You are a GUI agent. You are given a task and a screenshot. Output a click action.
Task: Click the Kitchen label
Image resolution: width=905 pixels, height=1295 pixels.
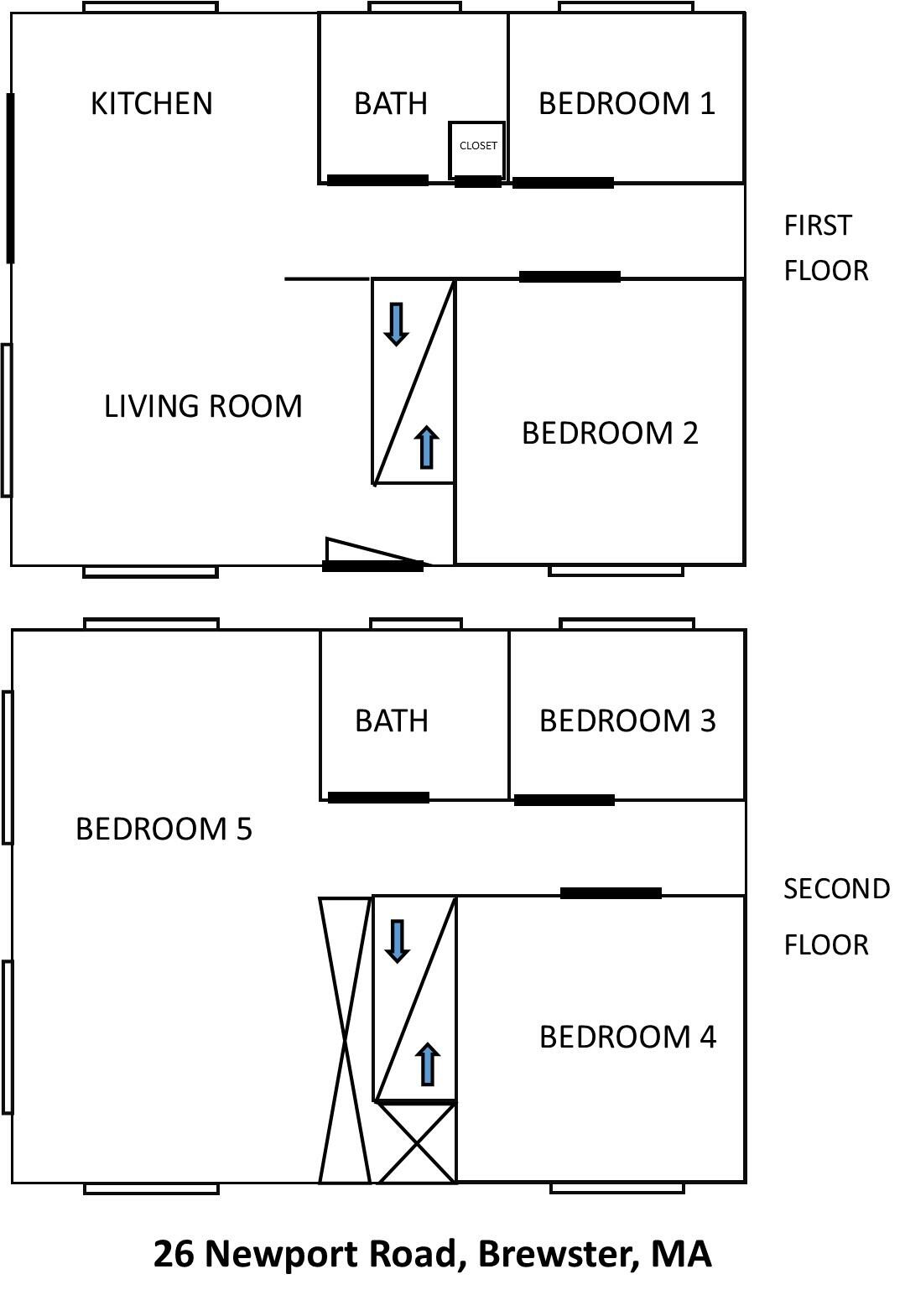point(151,103)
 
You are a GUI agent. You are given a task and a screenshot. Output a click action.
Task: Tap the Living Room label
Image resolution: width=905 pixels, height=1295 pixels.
point(203,406)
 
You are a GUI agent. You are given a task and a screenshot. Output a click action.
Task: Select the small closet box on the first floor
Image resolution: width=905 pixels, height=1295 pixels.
point(477,148)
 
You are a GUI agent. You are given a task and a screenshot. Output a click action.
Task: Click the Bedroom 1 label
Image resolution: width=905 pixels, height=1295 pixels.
point(627,103)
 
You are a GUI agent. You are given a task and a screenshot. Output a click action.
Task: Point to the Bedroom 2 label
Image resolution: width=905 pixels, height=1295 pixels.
point(610,433)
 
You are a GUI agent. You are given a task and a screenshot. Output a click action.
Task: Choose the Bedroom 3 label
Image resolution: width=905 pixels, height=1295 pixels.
point(627,720)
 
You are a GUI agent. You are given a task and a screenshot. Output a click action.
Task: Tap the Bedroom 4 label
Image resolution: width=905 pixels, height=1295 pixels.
point(627,1037)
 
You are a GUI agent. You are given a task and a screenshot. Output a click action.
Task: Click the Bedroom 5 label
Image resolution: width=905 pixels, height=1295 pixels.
point(164,829)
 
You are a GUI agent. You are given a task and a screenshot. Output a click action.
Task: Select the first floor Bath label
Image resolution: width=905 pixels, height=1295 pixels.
point(391,103)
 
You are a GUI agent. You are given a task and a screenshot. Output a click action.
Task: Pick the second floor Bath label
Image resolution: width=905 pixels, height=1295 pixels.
point(392,720)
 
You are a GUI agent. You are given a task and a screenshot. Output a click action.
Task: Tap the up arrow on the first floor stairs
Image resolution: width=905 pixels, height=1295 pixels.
point(427,447)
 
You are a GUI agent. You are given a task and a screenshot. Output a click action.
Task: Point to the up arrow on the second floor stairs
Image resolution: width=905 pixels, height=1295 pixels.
point(428,1064)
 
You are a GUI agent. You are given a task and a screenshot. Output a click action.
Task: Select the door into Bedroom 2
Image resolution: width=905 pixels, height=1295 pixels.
point(570,277)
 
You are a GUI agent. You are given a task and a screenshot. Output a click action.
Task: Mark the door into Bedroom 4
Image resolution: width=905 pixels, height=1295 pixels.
point(611,893)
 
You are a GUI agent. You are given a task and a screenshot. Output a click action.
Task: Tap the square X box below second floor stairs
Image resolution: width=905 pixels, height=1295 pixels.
point(416,1142)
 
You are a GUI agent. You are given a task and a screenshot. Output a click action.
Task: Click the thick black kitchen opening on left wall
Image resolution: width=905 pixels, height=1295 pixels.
point(11,178)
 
